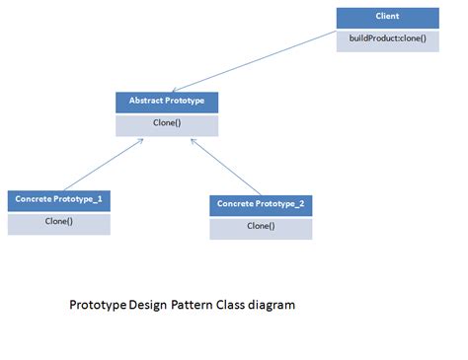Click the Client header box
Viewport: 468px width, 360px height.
click(x=387, y=18)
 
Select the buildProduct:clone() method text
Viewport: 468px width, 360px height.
click(x=387, y=39)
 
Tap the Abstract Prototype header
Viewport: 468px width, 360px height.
click(x=166, y=102)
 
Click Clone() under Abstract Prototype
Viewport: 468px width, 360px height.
click(x=166, y=124)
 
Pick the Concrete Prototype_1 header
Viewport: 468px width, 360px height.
click(x=58, y=199)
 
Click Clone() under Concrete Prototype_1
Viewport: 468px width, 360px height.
click(x=58, y=222)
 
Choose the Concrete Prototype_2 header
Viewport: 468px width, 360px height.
click(x=261, y=204)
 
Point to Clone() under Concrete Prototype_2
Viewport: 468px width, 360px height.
click(x=261, y=226)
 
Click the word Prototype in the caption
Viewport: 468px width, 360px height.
click(x=97, y=306)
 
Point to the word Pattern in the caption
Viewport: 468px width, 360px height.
click(x=198, y=306)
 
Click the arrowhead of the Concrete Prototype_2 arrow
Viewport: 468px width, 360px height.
click(x=193, y=140)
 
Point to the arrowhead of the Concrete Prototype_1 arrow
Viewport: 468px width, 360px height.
click(x=142, y=140)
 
